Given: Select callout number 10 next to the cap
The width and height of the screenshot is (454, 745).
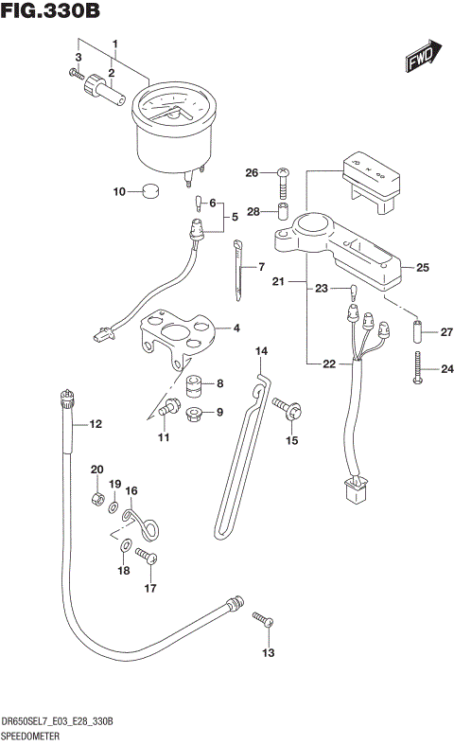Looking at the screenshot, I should point(119,192).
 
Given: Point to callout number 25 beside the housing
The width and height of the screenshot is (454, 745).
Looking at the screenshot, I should point(422,267).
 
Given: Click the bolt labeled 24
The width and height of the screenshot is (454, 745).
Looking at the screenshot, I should point(417,369).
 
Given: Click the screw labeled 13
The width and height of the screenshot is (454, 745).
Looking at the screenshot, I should point(263,621).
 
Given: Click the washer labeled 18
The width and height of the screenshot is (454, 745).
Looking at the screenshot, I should point(126,544).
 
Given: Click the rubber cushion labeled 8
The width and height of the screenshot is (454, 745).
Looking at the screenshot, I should point(194,386).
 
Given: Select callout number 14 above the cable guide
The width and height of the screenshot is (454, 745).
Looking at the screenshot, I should point(262,352).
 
